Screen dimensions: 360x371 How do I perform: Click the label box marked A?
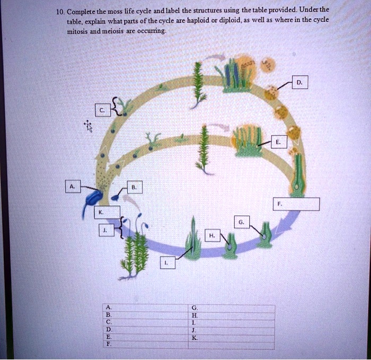[x=72, y=187]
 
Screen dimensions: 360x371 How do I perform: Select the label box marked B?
[x=135, y=187]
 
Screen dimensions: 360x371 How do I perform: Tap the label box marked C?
[x=101, y=110]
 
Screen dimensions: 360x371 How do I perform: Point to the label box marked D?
[x=300, y=83]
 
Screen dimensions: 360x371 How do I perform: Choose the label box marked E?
[x=278, y=142]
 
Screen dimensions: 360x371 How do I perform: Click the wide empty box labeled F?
[x=297, y=204]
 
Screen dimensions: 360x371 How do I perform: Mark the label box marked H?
[x=212, y=235]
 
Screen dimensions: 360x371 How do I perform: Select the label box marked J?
[x=105, y=230]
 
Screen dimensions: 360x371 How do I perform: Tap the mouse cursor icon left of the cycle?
[x=88, y=126]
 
